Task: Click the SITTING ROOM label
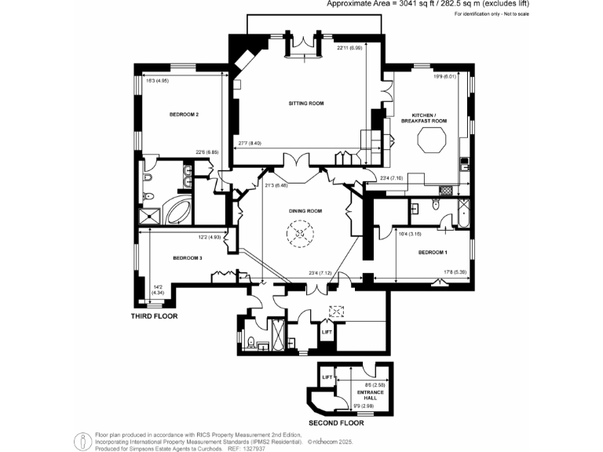click(306, 104)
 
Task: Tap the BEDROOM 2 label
click(184, 115)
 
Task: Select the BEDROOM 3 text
click(188, 258)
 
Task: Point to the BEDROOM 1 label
click(433, 252)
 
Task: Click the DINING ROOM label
click(304, 211)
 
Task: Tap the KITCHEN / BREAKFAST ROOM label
click(424, 118)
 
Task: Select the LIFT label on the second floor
click(328, 378)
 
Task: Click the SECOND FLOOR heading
click(335, 422)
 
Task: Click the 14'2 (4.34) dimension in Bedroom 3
click(158, 290)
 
